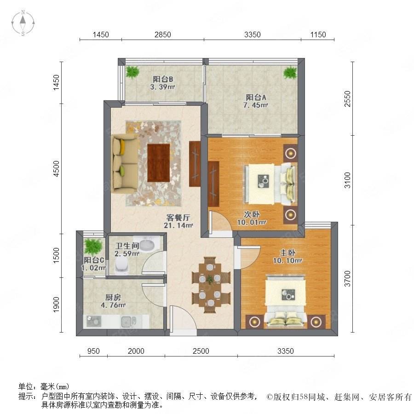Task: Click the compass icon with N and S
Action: [23, 23]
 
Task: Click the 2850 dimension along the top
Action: [163, 34]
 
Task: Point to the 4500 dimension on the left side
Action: [57, 169]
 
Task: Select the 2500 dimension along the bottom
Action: [201, 351]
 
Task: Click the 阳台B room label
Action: [163, 79]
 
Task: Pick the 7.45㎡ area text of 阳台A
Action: [256, 105]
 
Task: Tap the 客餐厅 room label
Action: [178, 218]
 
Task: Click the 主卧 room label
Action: [287, 253]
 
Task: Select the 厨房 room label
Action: [113, 297]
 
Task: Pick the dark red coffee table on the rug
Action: [158, 163]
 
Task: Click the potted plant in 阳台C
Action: [92, 247]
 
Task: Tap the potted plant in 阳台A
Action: [290, 73]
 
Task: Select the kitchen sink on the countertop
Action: [129, 322]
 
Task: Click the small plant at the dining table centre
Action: [210, 279]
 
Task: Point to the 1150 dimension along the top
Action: [318, 34]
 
